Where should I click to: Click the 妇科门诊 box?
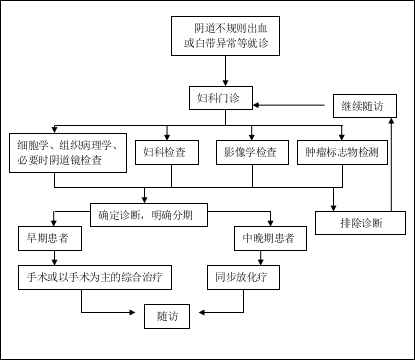pyautogui.click(x=220, y=98)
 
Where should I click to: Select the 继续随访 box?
pyautogui.click(x=364, y=106)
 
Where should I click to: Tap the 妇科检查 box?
pyautogui.click(x=166, y=152)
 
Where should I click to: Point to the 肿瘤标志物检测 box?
pyautogui.click(x=342, y=152)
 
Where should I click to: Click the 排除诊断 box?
pyautogui.click(x=360, y=223)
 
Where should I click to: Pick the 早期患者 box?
pyautogui.click(x=49, y=238)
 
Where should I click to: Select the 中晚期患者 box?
pyautogui.click(x=270, y=238)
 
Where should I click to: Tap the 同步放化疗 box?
pyautogui.click(x=242, y=277)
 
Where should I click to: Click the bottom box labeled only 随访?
pyautogui.click(x=167, y=316)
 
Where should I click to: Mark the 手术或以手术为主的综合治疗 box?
pyautogui.click(x=94, y=277)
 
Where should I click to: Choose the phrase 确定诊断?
pyautogui.click(x=120, y=215)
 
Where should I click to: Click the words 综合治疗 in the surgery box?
pyautogui.click(x=141, y=277)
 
